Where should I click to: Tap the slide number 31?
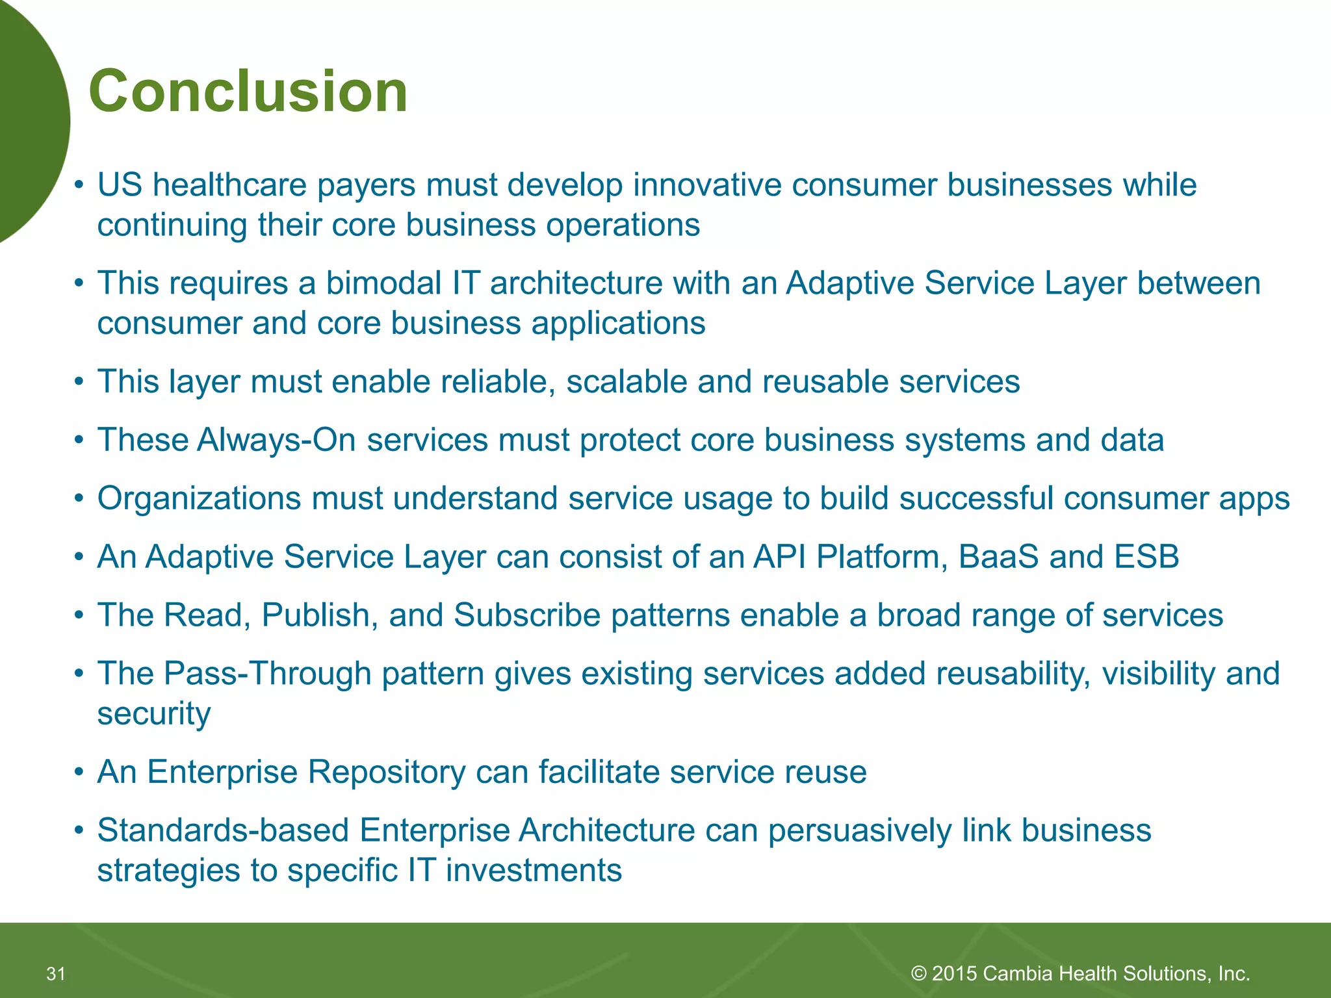[56, 973]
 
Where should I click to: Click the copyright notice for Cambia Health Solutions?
[1080, 973]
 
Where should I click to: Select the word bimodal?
[383, 283]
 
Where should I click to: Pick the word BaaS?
[998, 557]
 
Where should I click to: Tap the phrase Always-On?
[276, 440]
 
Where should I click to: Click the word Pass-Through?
[267, 674]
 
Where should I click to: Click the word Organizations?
[199, 499]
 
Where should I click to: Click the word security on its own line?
[154, 714]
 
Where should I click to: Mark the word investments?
[534, 871]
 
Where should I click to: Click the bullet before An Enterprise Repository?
[79, 773]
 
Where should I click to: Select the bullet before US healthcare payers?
[79, 185]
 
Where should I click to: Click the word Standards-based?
[223, 831]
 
